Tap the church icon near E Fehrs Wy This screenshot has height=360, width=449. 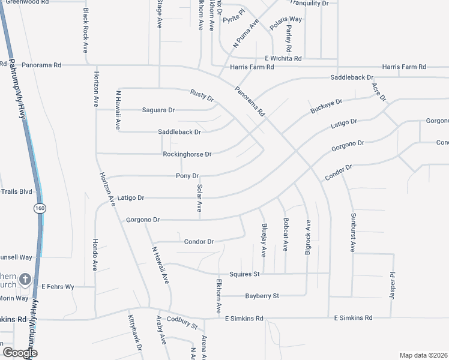tap(25, 279)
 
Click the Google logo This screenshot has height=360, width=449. tap(20, 353)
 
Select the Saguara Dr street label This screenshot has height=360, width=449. tap(158, 110)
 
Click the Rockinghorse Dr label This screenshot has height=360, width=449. tap(187, 154)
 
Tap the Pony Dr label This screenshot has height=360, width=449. tap(187, 176)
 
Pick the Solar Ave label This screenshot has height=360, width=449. tap(199, 198)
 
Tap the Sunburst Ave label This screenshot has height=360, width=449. tap(353, 232)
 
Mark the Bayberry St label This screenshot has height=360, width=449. tap(262, 296)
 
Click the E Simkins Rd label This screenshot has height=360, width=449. tap(353, 317)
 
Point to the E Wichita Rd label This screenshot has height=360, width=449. tap(283, 59)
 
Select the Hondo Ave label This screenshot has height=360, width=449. tap(95, 254)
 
